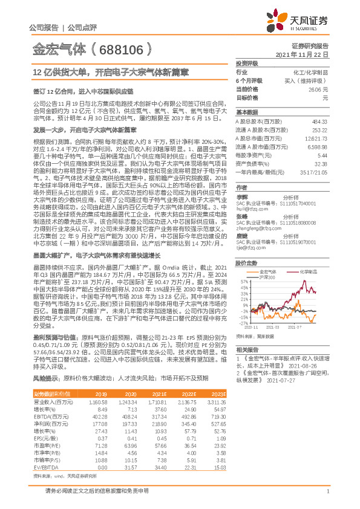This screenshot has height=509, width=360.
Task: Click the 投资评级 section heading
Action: [247, 63]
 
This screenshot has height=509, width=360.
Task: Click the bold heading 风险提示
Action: [45, 378]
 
